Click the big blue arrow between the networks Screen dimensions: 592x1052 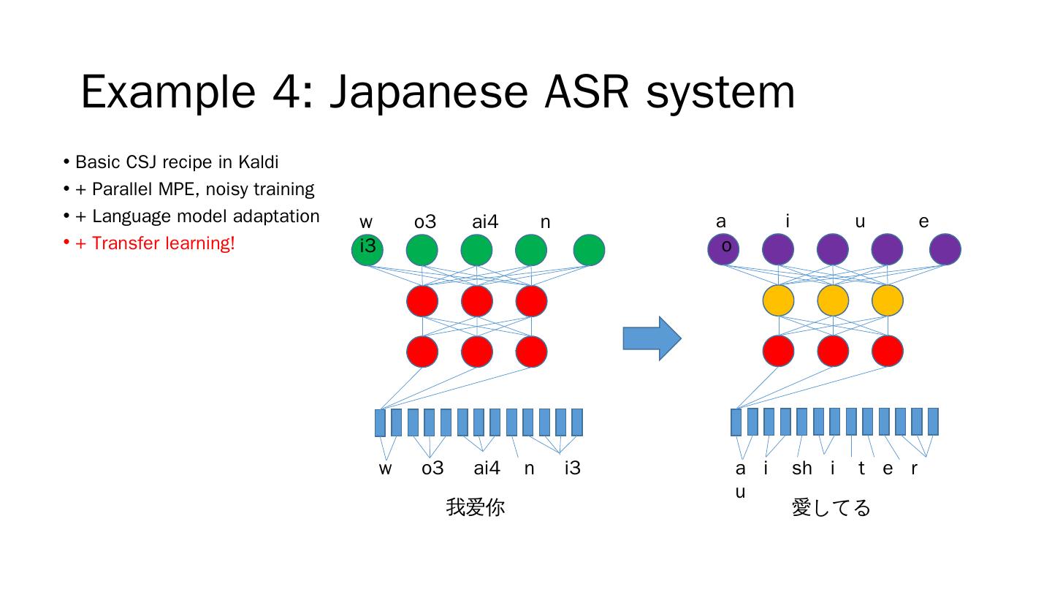(x=651, y=338)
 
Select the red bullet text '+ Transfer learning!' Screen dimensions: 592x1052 (x=155, y=243)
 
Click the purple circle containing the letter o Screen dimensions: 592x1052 (x=723, y=249)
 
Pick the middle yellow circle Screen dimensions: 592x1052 (x=833, y=300)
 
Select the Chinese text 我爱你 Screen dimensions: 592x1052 (x=475, y=507)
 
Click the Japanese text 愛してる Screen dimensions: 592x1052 (x=831, y=507)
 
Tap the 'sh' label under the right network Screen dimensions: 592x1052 (x=801, y=468)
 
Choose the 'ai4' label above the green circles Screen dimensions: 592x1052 (x=485, y=222)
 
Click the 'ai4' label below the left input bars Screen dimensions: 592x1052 (x=487, y=468)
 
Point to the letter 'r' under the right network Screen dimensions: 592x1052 (x=914, y=468)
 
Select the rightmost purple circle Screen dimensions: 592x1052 (x=945, y=249)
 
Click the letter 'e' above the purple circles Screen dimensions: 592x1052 (x=923, y=221)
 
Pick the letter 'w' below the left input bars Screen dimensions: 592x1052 (x=385, y=468)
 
